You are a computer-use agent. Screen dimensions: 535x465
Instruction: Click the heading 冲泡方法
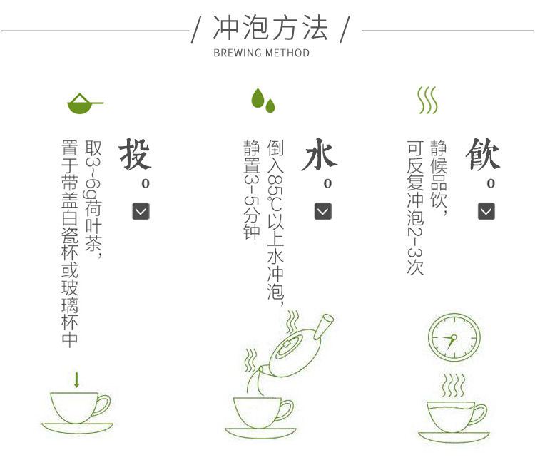[270, 28]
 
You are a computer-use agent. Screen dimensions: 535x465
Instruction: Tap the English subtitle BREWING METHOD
[262, 53]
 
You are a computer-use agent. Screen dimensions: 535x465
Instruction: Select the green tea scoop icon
[85, 103]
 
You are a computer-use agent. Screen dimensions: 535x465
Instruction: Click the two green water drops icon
[263, 101]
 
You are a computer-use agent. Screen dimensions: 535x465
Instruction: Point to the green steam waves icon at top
[427, 100]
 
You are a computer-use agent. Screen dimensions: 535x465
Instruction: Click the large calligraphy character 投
[135, 154]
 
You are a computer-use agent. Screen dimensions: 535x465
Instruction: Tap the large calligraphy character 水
[320, 154]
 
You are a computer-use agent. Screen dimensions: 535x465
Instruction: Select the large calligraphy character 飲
[482, 154]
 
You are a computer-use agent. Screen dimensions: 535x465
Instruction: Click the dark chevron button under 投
[141, 211]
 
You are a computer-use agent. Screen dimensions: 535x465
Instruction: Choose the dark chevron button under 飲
[486, 211]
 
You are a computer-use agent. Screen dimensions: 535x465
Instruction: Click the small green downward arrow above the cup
[77, 379]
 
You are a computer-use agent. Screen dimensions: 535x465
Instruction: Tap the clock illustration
[454, 337]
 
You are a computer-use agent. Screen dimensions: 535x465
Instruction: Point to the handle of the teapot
[323, 326]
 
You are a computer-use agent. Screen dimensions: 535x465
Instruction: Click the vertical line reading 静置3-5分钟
[252, 190]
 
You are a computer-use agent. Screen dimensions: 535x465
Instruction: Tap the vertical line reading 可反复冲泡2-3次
[415, 208]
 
